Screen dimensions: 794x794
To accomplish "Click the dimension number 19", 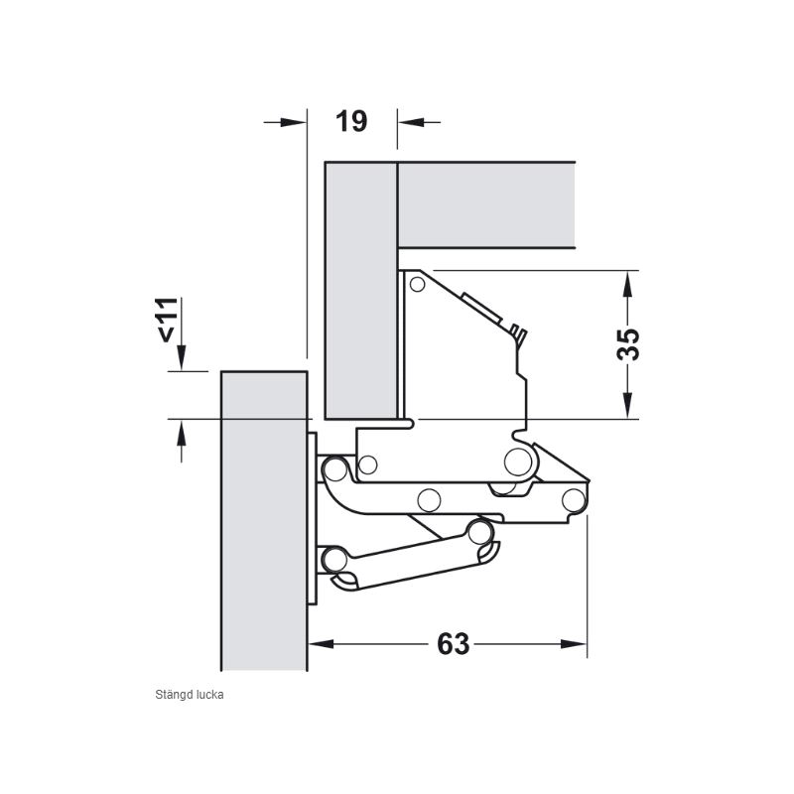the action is (x=351, y=121).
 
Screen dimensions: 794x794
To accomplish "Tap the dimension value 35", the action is (x=628, y=344).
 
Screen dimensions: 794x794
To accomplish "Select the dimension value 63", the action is (x=454, y=644).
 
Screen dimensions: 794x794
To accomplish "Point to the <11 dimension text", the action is (x=168, y=320).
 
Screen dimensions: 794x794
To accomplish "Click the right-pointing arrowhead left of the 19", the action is (x=293, y=122).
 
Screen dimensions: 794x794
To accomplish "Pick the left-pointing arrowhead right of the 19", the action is (x=411, y=122).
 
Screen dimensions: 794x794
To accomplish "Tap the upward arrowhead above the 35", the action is (x=628, y=284).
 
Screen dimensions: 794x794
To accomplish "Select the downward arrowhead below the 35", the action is (x=628, y=406).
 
